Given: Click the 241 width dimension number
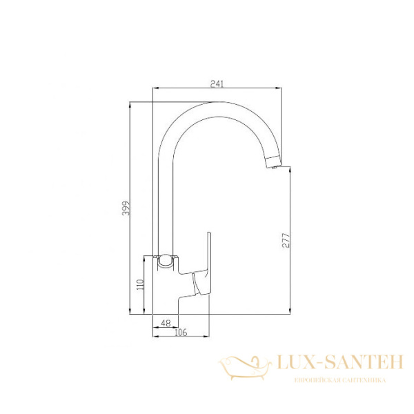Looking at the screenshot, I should coord(216,83).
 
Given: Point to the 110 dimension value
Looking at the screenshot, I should coord(138,284).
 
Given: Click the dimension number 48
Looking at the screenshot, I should coord(165,323).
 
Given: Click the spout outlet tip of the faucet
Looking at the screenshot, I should coord(274,165).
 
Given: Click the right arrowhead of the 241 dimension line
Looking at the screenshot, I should coord(281,89).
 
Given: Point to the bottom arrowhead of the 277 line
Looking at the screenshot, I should coord(290,312).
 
